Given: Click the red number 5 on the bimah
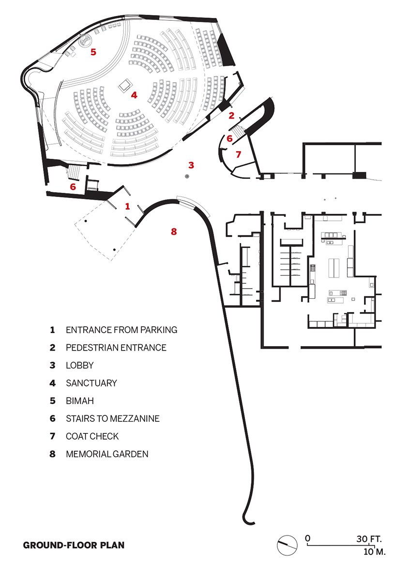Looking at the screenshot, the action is pos(93,52).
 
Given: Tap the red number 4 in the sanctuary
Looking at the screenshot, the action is pos(134,95).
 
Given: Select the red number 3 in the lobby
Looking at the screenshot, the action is pos(191,165).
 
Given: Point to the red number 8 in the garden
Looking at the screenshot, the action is pos(174,231).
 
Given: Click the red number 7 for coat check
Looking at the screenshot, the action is pos(238,154).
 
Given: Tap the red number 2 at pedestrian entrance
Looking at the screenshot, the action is pos(231,115).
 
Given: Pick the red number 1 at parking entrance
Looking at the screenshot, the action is pos(127,206).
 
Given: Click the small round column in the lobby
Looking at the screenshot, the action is pos(187,176).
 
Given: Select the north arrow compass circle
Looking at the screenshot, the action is pos(287,544).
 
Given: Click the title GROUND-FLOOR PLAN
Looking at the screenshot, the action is pos(74,545).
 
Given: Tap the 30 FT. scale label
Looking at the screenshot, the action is pos(369,538).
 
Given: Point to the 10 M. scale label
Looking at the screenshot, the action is pos(374,551).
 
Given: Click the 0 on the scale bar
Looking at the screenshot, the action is pos(307,538).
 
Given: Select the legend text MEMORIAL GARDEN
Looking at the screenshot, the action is pos(107,454).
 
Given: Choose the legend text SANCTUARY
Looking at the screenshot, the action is pos(91,383).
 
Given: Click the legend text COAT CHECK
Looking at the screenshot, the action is pos(92,436).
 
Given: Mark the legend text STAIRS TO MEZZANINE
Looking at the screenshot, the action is pos(113,418).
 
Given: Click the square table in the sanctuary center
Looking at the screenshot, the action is pos(125,85).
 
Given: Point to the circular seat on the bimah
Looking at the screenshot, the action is pos(85,41).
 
